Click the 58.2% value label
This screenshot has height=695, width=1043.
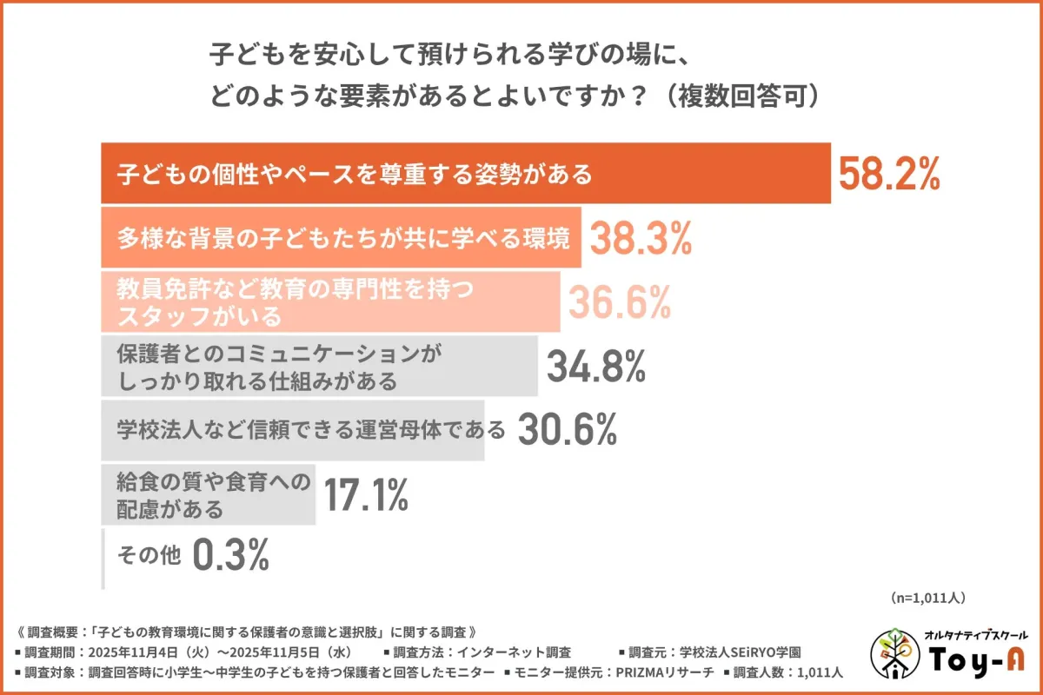point(888,175)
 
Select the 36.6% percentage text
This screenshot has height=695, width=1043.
point(619,301)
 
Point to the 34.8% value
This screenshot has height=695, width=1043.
point(595,366)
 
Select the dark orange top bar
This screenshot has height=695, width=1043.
point(466,174)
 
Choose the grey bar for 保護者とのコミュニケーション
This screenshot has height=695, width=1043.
point(319,366)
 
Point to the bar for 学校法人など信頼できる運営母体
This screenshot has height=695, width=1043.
point(292,429)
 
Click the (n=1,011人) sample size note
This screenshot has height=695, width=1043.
point(927,598)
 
